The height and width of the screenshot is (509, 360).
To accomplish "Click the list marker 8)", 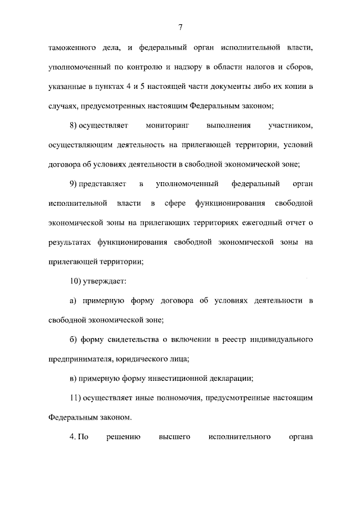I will point(74,126).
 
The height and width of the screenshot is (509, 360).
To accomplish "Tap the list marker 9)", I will point(74,184).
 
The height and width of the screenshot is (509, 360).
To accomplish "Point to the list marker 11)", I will point(75,398).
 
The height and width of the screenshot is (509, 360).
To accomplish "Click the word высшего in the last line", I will point(177,436).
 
